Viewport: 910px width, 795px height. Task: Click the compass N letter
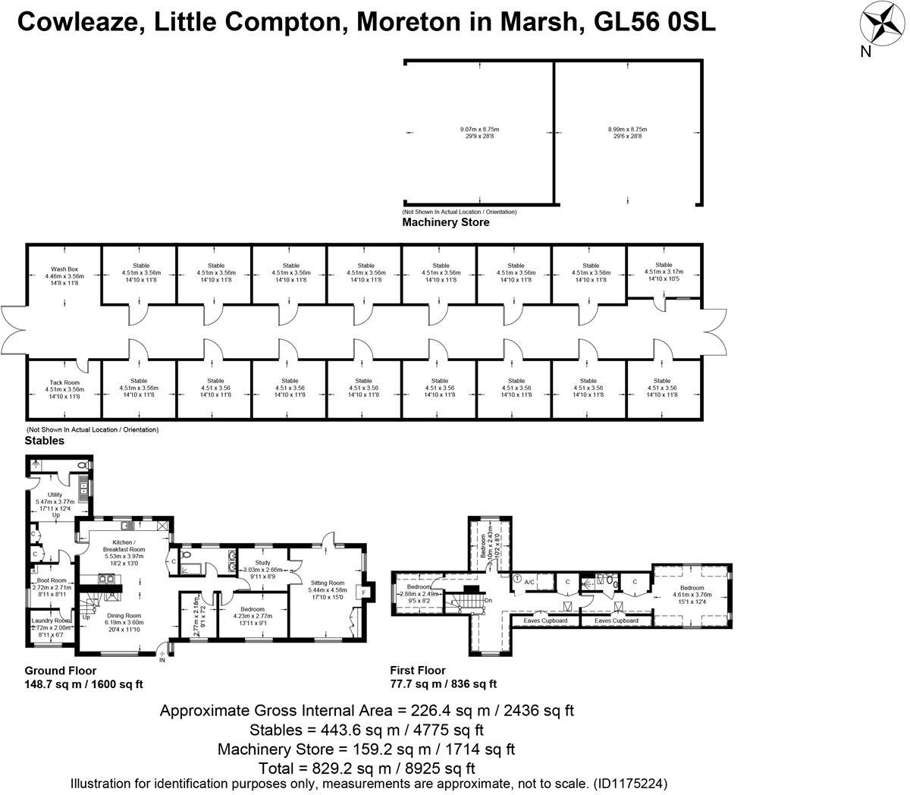tap(865, 52)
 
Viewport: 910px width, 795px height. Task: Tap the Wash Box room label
tap(64, 269)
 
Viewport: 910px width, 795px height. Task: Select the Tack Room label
tap(64, 382)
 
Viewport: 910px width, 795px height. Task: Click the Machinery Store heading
tap(445, 222)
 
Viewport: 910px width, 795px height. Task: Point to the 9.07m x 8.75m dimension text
tap(479, 130)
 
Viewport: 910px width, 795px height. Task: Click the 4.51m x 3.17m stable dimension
tap(664, 272)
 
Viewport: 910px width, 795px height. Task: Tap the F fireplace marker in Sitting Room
tap(365, 592)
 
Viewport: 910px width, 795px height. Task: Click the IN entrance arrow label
tap(162, 660)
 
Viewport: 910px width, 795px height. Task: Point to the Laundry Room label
tap(52, 621)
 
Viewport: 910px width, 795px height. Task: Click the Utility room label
tap(55, 495)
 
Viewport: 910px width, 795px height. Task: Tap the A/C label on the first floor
tap(530, 582)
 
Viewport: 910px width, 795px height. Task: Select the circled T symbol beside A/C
tap(516, 579)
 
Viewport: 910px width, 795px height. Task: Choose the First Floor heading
tap(417, 670)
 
